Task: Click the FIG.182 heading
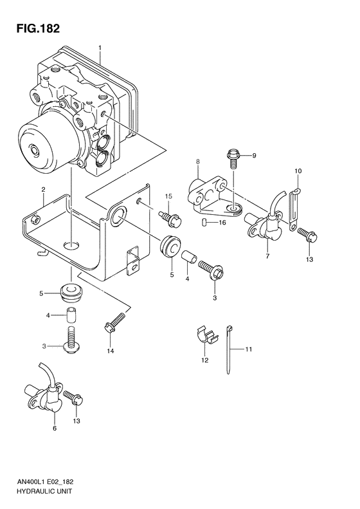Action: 39,29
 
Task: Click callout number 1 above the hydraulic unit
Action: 100,48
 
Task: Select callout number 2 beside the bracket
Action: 43,189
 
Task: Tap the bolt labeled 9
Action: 233,158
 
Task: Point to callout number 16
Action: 222,223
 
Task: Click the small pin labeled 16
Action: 204,223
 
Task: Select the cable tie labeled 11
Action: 230,349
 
